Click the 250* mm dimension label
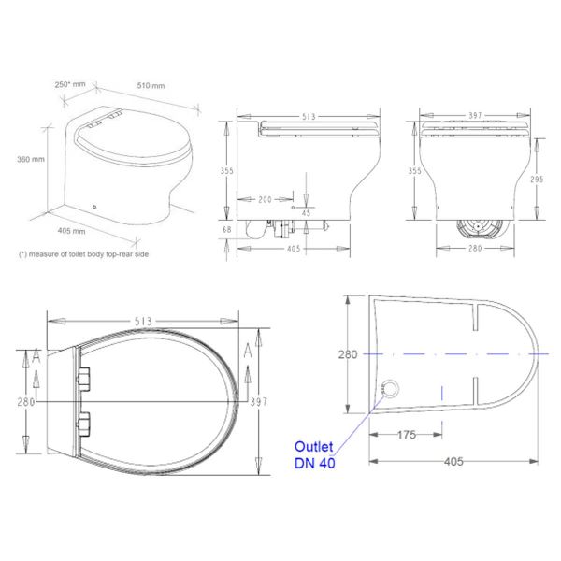[x=71, y=84]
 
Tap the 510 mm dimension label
[x=151, y=86]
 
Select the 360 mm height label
[x=31, y=160]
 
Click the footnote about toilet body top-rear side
[x=83, y=254]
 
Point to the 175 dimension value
[x=405, y=435]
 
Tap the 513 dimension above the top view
[x=143, y=321]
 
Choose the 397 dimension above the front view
[x=476, y=116]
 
